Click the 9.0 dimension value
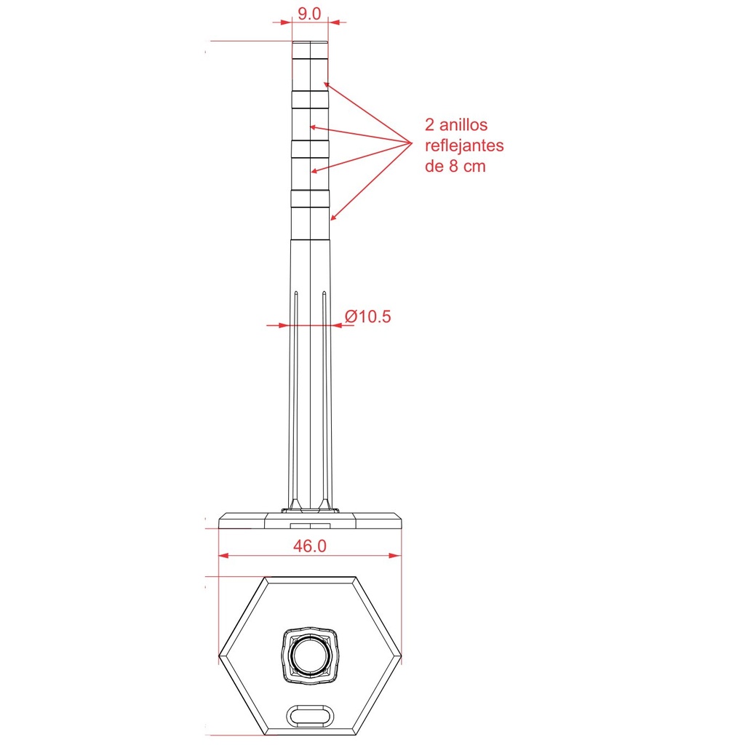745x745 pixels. click(309, 14)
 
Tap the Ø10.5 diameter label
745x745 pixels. click(367, 316)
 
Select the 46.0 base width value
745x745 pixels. click(310, 546)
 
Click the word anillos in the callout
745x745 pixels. click(463, 125)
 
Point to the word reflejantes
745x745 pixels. click(464, 146)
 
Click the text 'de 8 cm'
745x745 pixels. click(455, 167)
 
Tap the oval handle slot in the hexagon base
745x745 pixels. click(310, 716)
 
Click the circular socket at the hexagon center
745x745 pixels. click(310, 656)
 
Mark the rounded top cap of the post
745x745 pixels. click(310, 50)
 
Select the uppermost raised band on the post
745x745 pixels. click(310, 99)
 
